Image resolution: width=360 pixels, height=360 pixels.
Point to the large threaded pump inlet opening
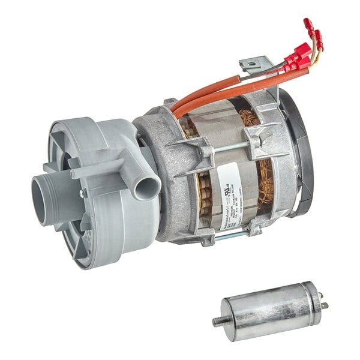45,199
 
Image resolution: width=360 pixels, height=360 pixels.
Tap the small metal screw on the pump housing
82,193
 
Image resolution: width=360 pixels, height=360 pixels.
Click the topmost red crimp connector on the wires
309,25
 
